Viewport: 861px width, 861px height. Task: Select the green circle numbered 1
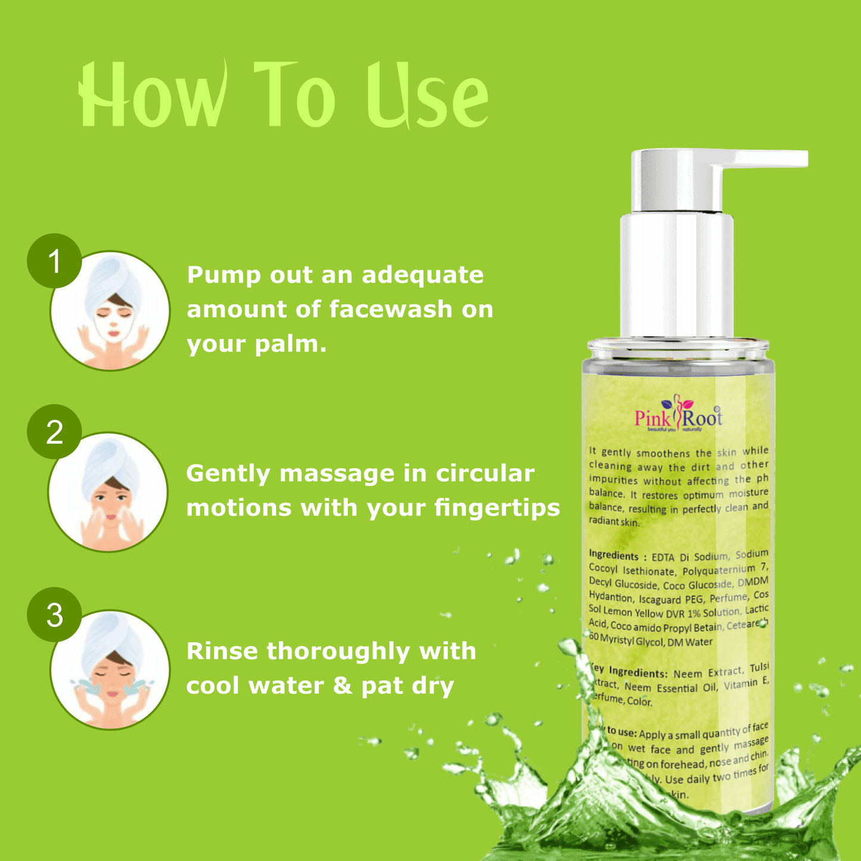tap(54, 261)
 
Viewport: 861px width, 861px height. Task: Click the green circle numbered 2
tap(54, 432)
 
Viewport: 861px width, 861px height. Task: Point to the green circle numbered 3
tap(54, 615)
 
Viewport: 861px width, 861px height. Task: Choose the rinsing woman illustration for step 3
tap(111, 670)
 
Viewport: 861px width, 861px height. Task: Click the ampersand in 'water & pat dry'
tap(342, 686)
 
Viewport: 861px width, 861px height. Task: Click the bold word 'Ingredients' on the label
tap(613, 556)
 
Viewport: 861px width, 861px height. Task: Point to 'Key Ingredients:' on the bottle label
tap(629, 672)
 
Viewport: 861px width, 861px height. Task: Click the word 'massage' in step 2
tap(337, 474)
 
